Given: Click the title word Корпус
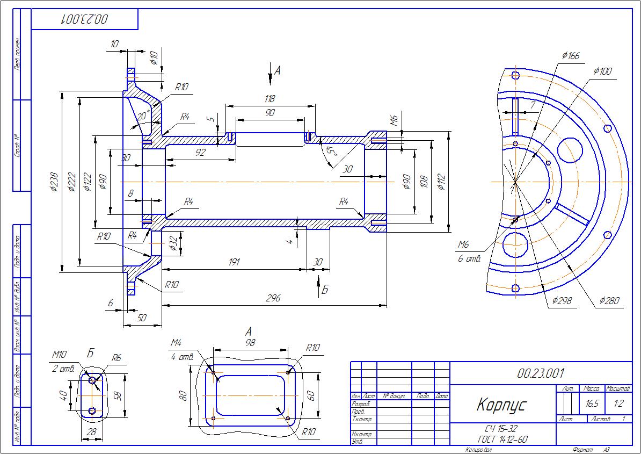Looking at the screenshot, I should pos(502,405).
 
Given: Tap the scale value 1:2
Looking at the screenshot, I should pos(618,403).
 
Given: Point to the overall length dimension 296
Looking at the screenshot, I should pos(273,299).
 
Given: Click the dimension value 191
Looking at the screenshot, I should pos(234,262).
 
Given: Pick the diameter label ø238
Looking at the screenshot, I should pos(54,182).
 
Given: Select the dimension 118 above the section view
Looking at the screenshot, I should pos(269,99).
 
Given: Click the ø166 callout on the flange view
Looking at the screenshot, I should pos(570,55).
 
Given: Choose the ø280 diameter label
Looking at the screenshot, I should pos(609,301).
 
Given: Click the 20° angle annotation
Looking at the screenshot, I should pos(143,116).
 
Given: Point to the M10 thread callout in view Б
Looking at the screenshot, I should pos(59,355).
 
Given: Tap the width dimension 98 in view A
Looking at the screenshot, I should pos(250,343).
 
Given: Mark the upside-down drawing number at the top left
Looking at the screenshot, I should pos(85,19).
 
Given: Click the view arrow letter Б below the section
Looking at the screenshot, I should pos(324,290).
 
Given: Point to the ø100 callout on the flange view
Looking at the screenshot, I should pos(603,71).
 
